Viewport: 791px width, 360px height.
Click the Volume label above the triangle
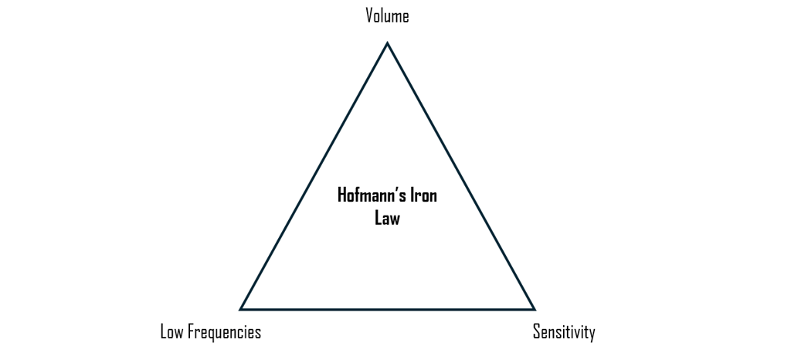pos(387,15)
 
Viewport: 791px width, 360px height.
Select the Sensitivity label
pos(564,332)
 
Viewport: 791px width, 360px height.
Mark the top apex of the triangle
pos(387,43)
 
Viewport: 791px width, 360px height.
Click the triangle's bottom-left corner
pos(241,309)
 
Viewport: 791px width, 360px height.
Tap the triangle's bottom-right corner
pos(534,309)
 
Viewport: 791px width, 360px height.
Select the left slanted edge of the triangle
pos(314,176)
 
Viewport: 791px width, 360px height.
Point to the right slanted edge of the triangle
pos(461,176)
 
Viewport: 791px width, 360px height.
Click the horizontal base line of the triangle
pos(387,309)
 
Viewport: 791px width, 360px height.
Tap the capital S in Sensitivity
pos(537,332)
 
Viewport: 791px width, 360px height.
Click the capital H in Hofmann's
pos(342,195)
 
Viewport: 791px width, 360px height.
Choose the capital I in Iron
pos(411,195)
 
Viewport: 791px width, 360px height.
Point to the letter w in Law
pos(395,219)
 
